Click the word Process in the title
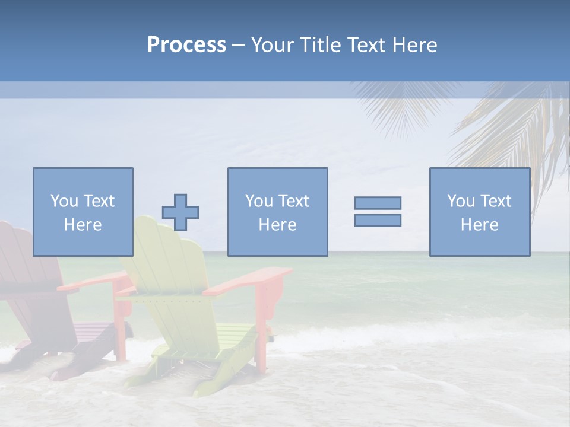click(x=186, y=45)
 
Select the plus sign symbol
click(x=180, y=212)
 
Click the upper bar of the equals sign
click(x=378, y=203)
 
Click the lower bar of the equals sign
click(x=378, y=221)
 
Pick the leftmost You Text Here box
click(x=83, y=212)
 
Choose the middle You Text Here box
click(x=277, y=212)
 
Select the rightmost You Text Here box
click(x=479, y=212)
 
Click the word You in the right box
click(x=460, y=201)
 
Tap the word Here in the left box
click(x=83, y=225)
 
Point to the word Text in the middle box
click(x=293, y=201)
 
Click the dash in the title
click(x=239, y=45)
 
